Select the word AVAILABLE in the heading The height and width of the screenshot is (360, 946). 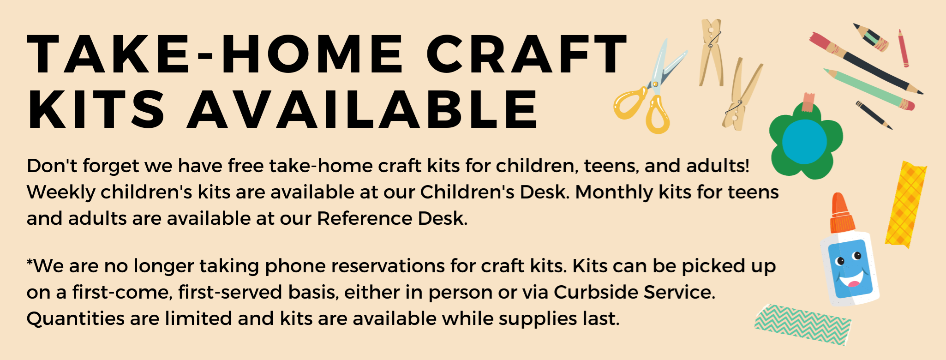tap(363, 109)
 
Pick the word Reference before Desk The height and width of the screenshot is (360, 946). tap(364, 218)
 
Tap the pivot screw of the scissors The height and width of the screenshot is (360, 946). tap(654, 84)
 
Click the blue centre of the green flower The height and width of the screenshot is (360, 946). tap(804, 142)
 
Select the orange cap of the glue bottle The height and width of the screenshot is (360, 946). tap(842, 213)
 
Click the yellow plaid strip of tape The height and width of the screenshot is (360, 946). tap(905, 205)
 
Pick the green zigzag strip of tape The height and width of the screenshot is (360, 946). tap(802, 325)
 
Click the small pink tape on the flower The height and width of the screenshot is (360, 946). tap(808, 102)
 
